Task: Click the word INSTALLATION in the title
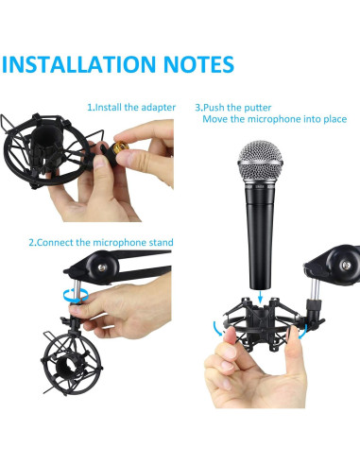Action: click(x=78, y=64)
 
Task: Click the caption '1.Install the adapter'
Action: click(x=131, y=108)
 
